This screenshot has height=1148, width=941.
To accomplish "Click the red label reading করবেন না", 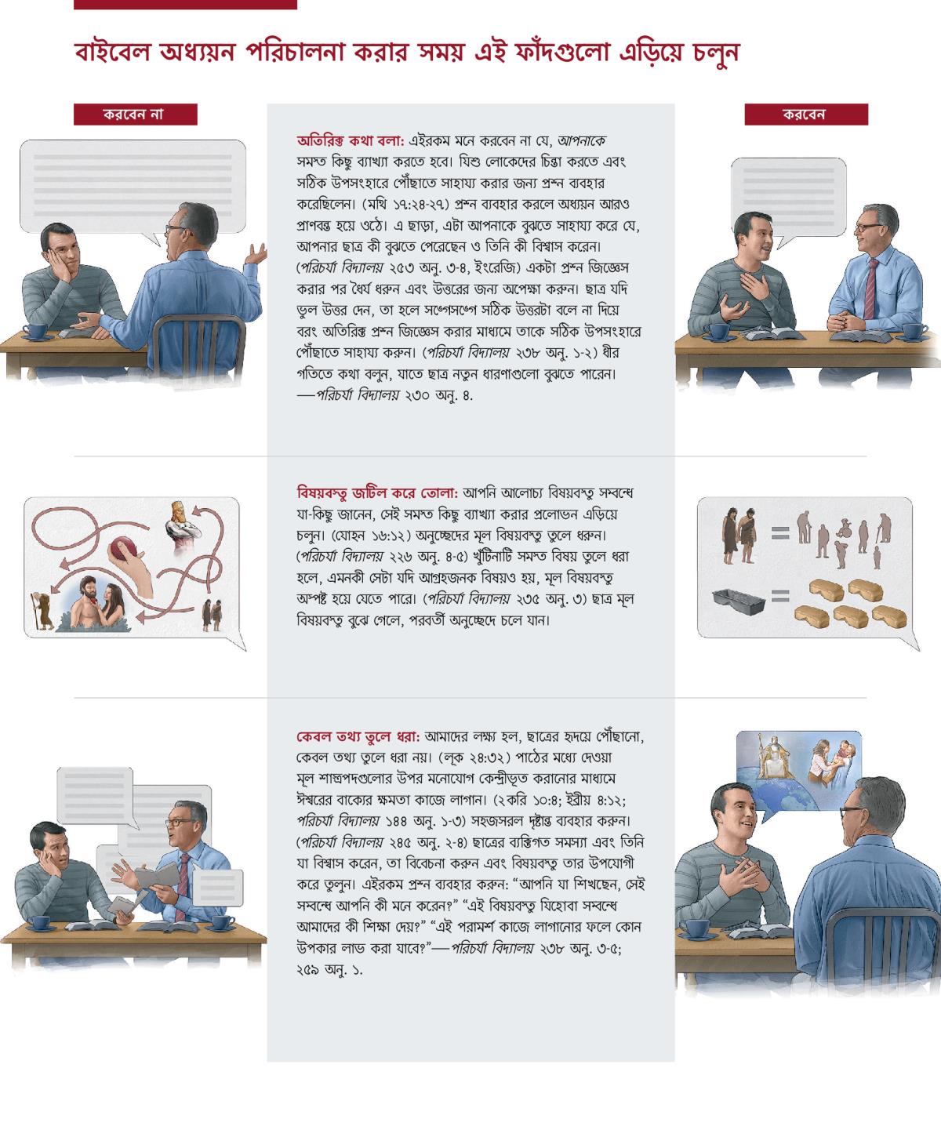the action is pos(136,114).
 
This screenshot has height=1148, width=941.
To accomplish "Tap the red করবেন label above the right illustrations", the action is pos(806,114).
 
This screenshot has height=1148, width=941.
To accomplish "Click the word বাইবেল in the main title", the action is pos(112,53).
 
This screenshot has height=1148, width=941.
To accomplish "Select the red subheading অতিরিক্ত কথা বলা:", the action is pos(351,141).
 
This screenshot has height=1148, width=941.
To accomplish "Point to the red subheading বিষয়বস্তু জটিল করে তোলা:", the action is pos(377,493).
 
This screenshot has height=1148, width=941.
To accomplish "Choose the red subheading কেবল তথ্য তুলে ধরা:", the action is pos(358,736).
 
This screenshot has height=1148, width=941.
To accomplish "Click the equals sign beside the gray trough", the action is pos(780,596).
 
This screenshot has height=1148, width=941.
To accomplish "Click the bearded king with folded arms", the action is pos(182,526).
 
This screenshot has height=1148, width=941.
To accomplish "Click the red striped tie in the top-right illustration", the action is pos(870,289).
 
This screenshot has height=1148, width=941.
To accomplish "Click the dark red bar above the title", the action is pos(185,5).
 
